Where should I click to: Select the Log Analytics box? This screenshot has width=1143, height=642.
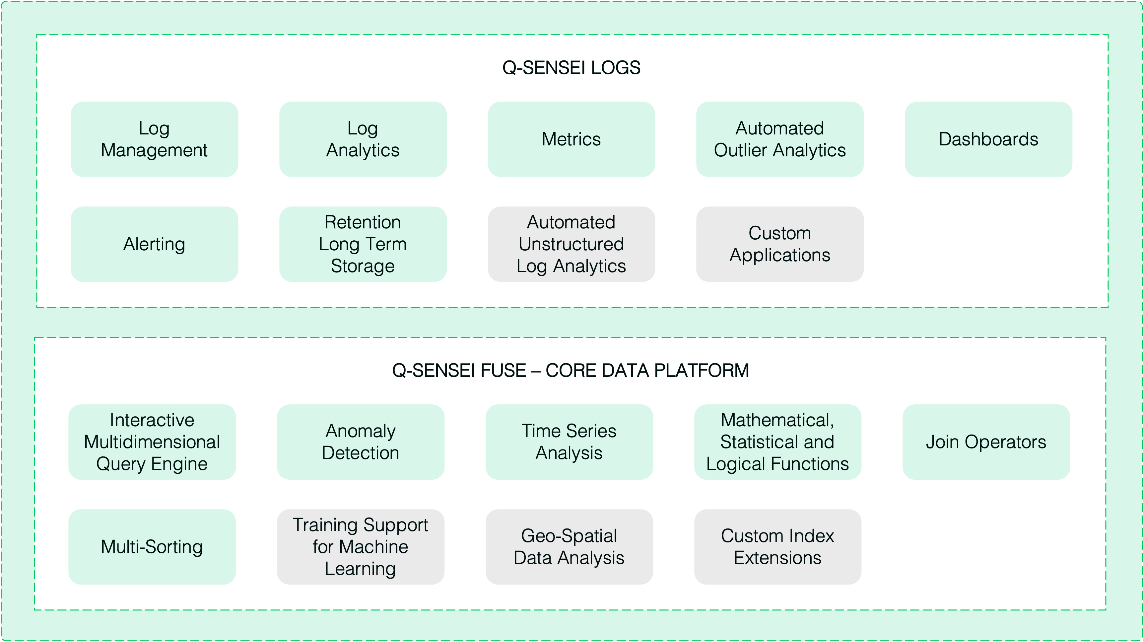[x=363, y=139]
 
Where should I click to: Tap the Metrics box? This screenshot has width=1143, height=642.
[x=571, y=139]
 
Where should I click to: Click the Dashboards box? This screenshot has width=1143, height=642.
[x=988, y=139]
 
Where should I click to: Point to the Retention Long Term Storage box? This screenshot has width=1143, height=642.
[x=363, y=244]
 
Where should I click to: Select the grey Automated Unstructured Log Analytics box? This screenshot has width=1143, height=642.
[x=571, y=244]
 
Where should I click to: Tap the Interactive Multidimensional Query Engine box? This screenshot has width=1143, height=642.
[x=152, y=442]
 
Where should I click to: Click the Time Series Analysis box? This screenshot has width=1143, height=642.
[x=569, y=442]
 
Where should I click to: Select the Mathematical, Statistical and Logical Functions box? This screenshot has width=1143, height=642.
[x=777, y=442]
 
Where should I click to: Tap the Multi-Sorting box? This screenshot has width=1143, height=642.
[x=152, y=546]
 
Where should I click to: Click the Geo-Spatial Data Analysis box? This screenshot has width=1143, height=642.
[x=569, y=546]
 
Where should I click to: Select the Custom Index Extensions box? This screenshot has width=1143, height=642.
[x=777, y=546]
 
